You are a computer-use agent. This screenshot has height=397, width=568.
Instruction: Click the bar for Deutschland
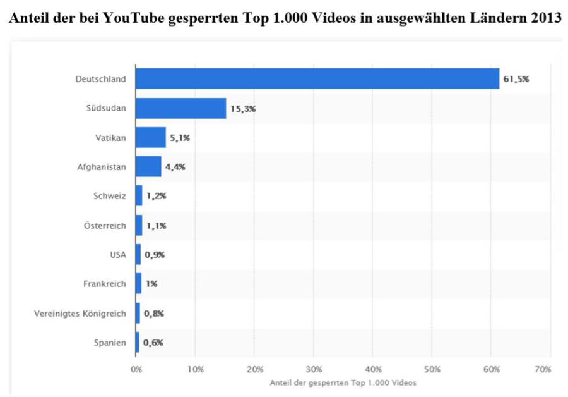coord(317,79)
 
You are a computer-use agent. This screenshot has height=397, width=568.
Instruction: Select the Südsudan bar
coord(180,108)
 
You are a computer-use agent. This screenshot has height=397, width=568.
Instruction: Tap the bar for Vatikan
coord(151,137)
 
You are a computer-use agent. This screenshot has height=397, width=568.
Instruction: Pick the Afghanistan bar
coord(148,167)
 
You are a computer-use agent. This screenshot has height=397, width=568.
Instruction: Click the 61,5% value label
coord(516,79)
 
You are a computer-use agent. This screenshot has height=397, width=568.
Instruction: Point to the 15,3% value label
coord(243,108)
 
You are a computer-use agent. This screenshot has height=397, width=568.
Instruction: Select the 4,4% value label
coord(175,167)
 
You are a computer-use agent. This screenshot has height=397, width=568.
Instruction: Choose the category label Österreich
coord(105,226)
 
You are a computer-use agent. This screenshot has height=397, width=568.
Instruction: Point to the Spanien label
coord(110,343)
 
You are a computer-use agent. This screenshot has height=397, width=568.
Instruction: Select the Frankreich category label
coord(105,284)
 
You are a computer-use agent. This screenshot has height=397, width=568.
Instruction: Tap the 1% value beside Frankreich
coord(151,284)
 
